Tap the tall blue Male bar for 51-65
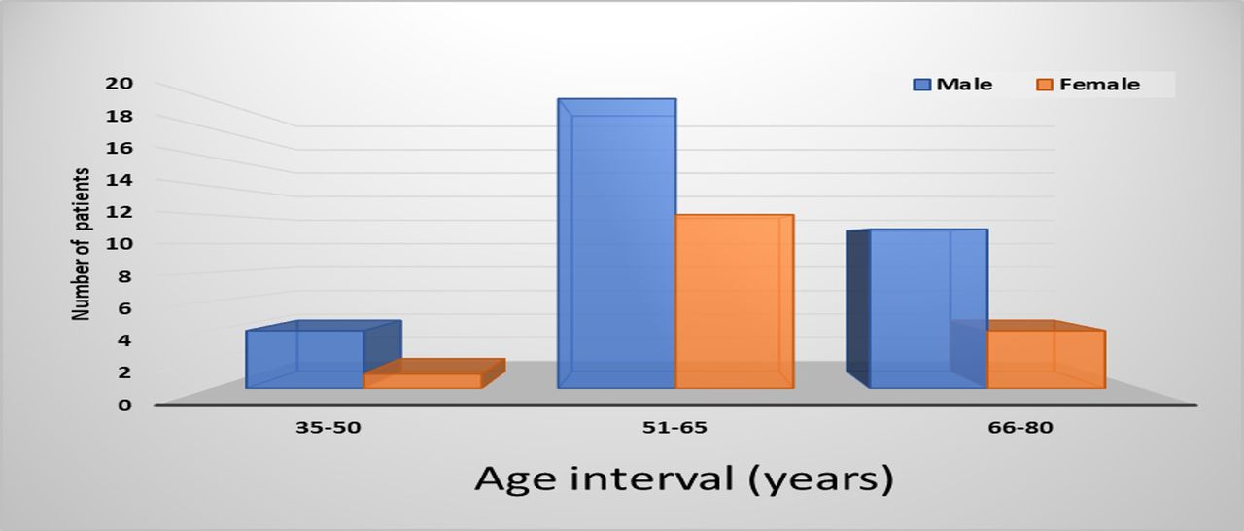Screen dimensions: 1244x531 click(617, 243)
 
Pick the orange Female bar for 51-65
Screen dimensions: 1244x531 click(734, 301)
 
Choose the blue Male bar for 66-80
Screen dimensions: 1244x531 click(916, 308)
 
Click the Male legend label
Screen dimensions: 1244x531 click(964, 85)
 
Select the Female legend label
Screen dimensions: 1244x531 click(1099, 85)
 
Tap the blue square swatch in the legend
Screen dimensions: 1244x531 click(922, 85)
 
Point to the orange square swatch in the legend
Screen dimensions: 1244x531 click(1045, 85)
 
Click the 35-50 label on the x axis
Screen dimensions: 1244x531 click(328, 428)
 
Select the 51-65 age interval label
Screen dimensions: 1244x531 click(674, 428)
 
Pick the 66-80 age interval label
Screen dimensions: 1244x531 click(1020, 428)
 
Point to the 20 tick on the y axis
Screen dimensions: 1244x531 click(120, 84)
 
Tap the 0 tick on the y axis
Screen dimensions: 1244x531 click(125, 405)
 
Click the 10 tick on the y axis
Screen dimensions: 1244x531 click(120, 244)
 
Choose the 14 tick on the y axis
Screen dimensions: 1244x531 click(120, 180)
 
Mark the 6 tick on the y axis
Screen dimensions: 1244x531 click(125, 308)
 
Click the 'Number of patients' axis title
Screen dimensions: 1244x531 click(81, 244)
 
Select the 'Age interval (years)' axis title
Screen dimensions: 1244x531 click(684, 479)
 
